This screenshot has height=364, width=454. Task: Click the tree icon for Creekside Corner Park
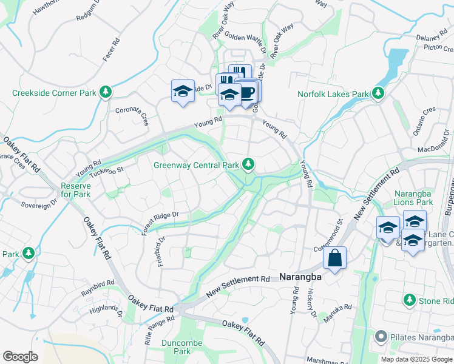[106, 92]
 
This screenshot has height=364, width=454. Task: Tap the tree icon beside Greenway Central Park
[248, 163]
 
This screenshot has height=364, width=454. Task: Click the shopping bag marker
[334, 258]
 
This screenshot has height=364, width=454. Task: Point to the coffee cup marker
[248, 92]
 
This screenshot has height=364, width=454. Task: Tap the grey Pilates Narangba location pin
[381, 336]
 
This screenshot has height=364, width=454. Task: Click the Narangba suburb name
[300, 277]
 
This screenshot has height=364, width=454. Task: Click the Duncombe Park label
[177, 347]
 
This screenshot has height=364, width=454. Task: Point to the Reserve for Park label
[75, 190]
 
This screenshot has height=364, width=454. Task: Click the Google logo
[20, 357]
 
